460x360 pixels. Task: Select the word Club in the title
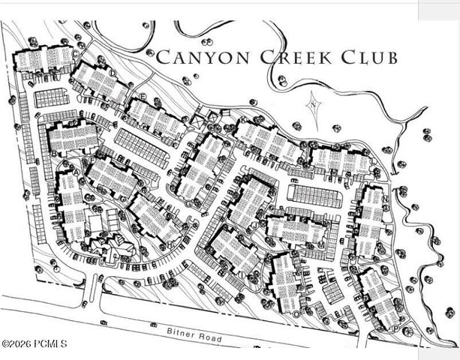368,56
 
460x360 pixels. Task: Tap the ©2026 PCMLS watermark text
35,344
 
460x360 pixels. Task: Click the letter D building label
113,73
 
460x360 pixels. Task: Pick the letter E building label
143,97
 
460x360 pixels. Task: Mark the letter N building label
385,198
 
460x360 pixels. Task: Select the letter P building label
395,328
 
